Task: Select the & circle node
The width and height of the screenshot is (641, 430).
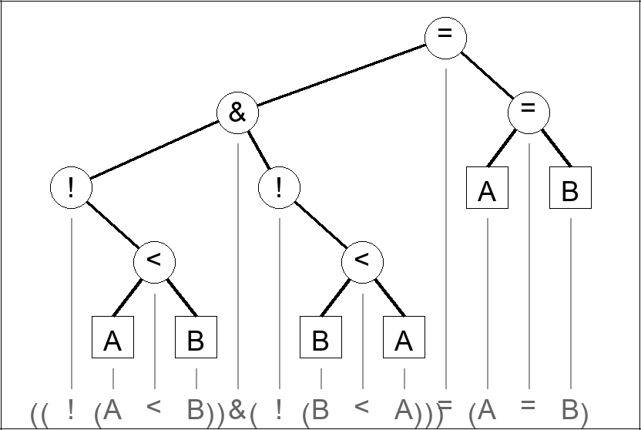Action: pos(237,113)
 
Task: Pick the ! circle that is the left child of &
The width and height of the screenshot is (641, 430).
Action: pos(71,188)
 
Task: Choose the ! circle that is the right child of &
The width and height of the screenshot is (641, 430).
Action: pos(279,188)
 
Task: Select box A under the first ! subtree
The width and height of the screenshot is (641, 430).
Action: pos(112,338)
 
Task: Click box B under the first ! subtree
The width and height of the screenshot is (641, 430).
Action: pos(196,338)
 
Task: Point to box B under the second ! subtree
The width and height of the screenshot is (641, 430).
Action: pos(320,338)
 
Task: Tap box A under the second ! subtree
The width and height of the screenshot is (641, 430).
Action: pos(404,338)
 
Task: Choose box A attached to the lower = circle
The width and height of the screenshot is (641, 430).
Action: pos(487,188)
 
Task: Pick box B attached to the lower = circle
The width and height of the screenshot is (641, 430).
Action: pos(570,188)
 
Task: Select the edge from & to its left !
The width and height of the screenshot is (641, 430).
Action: pos(154,150)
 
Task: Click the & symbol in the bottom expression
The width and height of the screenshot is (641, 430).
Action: pos(237,411)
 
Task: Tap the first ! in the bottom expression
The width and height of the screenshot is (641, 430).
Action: pos(71,409)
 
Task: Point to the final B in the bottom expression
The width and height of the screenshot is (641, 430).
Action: pos(570,411)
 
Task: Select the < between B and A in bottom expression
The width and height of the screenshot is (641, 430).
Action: pos(362,406)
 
